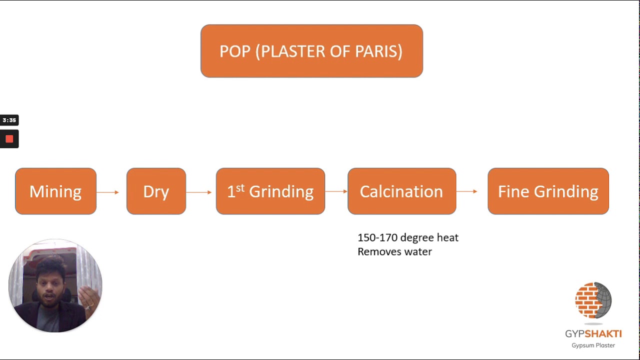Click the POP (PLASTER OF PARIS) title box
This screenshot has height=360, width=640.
click(x=311, y=51)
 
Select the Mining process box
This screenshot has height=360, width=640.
click(x=55, y=191)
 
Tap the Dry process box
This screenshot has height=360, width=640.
click(x=156, y=191)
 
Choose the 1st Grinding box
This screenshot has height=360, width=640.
click(x=270, y=191)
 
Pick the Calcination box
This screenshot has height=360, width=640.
click(x=401, y=191)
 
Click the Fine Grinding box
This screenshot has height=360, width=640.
click(x=548, y=191)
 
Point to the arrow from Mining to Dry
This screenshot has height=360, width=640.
click(x=107, y=192)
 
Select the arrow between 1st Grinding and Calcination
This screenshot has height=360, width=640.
click(x=336, y=191)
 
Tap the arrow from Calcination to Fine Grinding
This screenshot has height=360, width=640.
click(x=467, y=191)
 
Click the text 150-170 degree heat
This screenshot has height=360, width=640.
click(x=408, y=237)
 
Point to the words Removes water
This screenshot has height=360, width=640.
click(x=394, y=251)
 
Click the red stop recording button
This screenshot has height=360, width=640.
click(x=9, y=139)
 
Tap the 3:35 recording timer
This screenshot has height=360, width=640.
click(x=9, y=120)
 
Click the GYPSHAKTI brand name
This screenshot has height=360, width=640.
click(x=593, y=333)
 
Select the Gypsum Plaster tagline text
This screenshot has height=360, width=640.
click(x=593, y=345)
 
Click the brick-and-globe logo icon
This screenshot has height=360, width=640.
click(x=593, y=300)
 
